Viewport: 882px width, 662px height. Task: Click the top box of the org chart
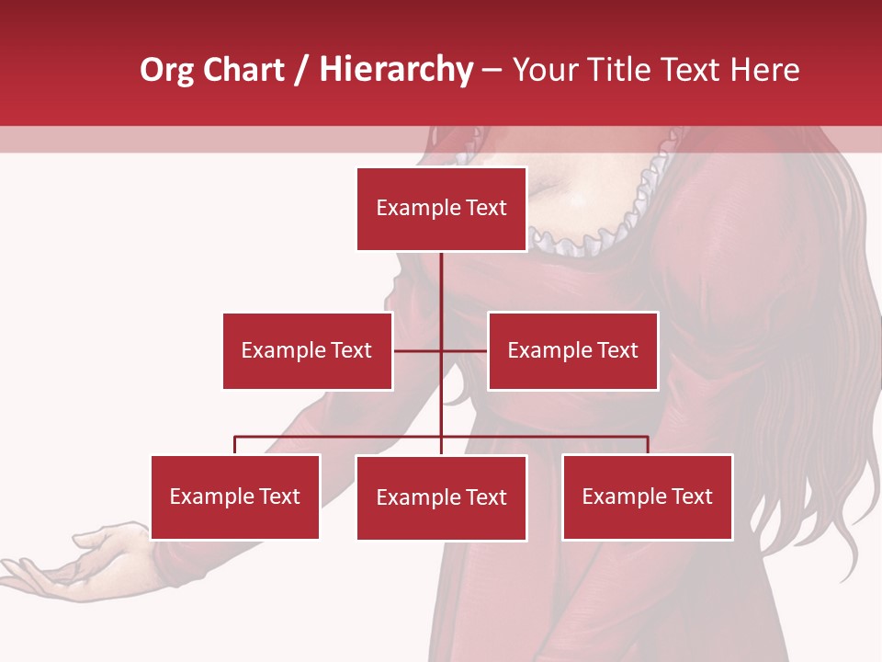tap(441, 209)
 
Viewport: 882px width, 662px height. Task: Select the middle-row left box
tap(307, 350)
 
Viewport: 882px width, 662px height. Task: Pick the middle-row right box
tap(572, 350)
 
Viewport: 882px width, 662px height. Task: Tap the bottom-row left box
tap(235, 496)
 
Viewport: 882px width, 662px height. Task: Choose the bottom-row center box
tap(441, 497)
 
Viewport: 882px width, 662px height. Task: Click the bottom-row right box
tap(647, 496)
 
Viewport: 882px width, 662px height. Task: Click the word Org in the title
tap(166, 70)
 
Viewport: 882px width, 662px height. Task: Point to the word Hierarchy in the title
tap(396, 70)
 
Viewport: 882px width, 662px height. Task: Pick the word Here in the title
tap(763, 70)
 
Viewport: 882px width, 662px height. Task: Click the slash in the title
tap(303, 70)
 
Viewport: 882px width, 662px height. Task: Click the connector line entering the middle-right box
tap(466, 351)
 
